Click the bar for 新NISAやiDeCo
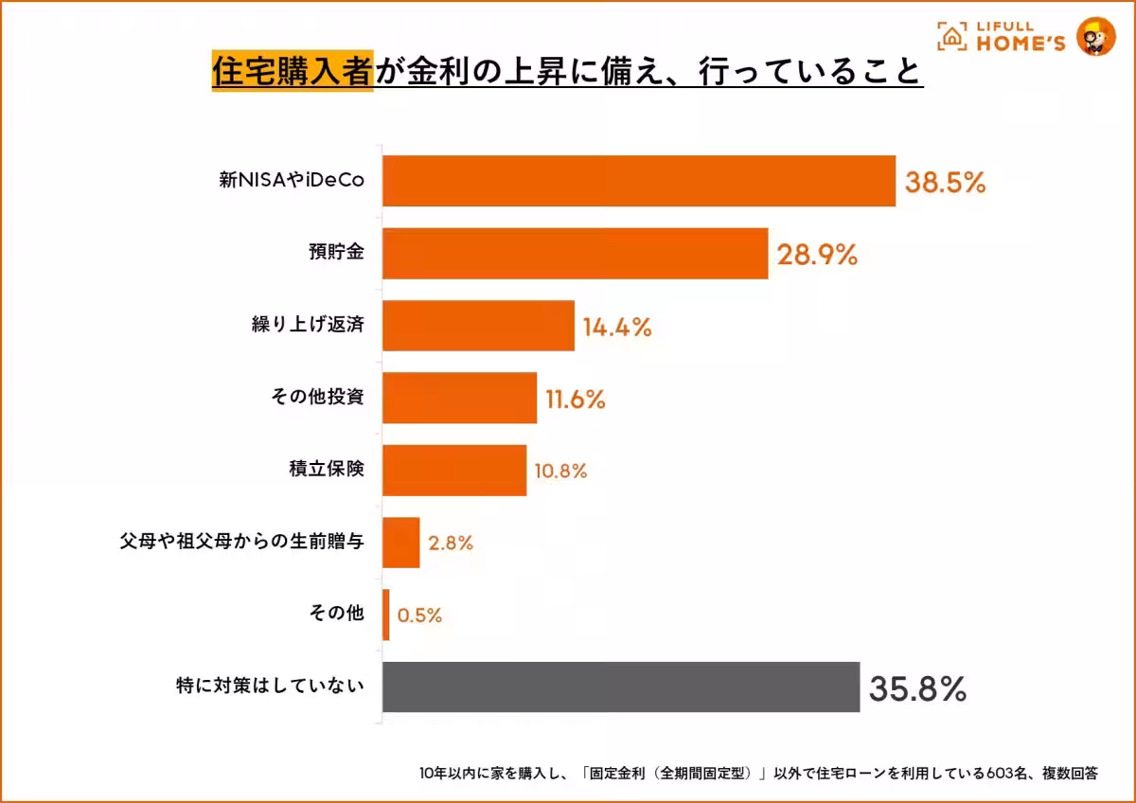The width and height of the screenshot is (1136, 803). click(639, 181)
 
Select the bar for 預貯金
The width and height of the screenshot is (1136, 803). click(575, 254)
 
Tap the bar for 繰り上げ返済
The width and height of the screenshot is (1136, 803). click(478, 326)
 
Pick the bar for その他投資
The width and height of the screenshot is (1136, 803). click(459, 398)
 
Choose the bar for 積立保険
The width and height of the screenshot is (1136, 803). click(454, 471)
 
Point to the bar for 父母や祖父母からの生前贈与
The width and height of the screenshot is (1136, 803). click(400, 543)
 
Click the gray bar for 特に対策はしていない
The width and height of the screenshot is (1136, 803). click(621, 687)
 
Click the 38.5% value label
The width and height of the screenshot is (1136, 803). click(945, 183)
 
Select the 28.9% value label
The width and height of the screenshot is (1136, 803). click(817, 255)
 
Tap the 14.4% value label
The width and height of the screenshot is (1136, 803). click(616, 328)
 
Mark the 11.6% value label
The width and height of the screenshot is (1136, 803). click(575, 400)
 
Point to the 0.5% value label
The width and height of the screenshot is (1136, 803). click(419, 616)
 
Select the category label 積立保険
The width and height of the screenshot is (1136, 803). click(327, 471)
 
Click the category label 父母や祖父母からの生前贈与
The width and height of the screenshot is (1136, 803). click(242, 543)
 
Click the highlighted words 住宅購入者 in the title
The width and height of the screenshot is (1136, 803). click(293, 70)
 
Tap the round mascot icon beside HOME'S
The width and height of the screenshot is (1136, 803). click(1095, 36)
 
